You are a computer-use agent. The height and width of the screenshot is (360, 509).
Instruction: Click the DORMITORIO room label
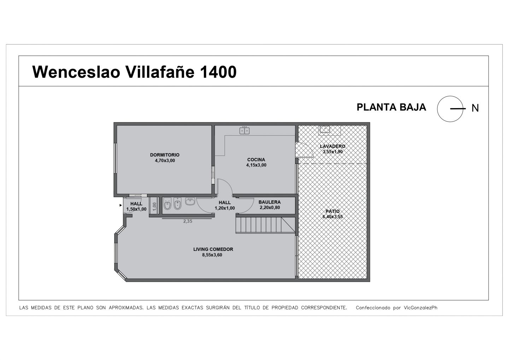click(x=165, y=155)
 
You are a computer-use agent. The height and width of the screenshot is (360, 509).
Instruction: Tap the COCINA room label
click(x=256, y=160)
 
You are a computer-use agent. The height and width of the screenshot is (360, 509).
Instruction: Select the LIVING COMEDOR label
click(x=213, y=249)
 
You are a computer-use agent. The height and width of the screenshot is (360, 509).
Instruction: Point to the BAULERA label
click(x=269, y=202)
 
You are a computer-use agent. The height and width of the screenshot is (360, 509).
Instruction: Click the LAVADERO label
click(x=332, y=146)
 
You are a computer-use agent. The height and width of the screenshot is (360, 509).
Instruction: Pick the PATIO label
click(x=332, y=211)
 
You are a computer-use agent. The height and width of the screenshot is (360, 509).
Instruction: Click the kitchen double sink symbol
click(x=245, y=130)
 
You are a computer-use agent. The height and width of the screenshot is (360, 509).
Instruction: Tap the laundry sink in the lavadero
click(x=325, y=129)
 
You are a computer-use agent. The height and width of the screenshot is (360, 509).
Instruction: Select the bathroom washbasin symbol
click(x=190, y=201)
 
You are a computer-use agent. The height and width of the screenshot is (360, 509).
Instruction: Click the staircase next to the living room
click(x=265, y=225)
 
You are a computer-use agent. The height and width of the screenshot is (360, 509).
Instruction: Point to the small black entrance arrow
click(x=121, y=205)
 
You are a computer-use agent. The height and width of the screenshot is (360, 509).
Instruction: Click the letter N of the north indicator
click(x=475, y=108)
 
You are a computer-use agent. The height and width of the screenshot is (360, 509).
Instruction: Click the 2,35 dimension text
click(x=188, y=221)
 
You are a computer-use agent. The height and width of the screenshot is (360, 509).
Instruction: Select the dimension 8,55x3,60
click(x=212, y=255)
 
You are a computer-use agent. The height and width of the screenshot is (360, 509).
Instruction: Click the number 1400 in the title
click(x=218, y=72)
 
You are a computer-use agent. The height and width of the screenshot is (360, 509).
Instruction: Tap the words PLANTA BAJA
click(x=391, y=107)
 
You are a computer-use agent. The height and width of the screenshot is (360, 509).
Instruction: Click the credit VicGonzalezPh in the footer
click(x=420, y=308)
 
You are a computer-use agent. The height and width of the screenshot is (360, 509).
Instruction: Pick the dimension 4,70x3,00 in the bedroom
click(x=165, y=161)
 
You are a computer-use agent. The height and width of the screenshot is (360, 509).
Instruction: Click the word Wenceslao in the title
click(x=76, y=72)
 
